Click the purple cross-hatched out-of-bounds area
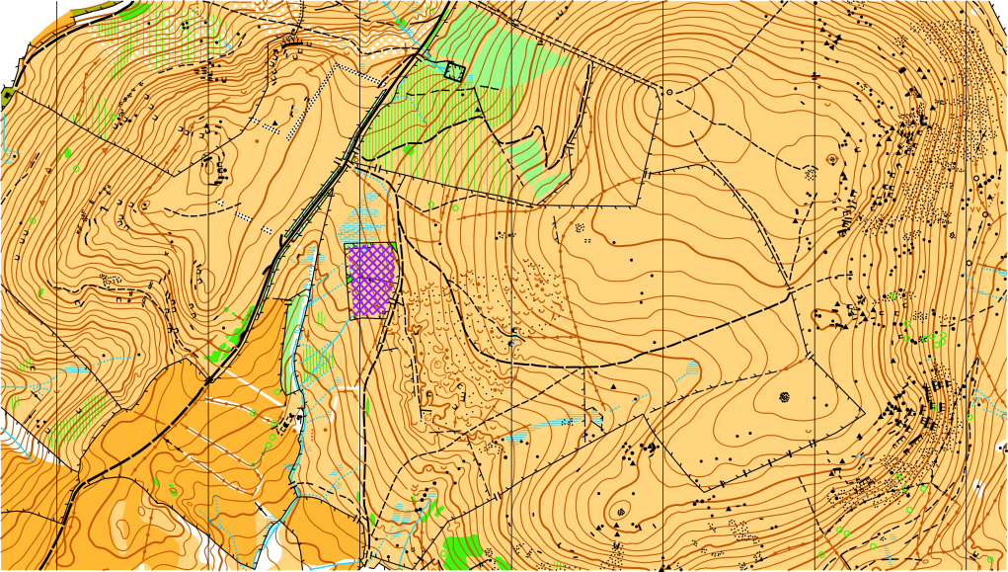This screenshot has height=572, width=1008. coord(372,282)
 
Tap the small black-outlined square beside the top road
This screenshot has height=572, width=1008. coord(453,70)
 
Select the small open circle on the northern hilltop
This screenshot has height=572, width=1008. coord(669,92)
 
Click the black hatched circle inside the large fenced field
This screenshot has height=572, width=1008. coord(786,397)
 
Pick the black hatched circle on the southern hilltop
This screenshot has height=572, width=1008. coord(621,511)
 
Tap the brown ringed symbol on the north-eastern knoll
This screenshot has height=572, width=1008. coord(832,158)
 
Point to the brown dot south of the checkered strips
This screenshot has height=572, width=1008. coord(258,141)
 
